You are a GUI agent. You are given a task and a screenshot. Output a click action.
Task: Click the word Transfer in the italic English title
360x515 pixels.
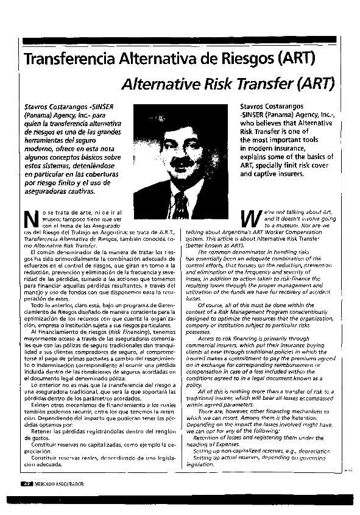coord(266,83)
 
